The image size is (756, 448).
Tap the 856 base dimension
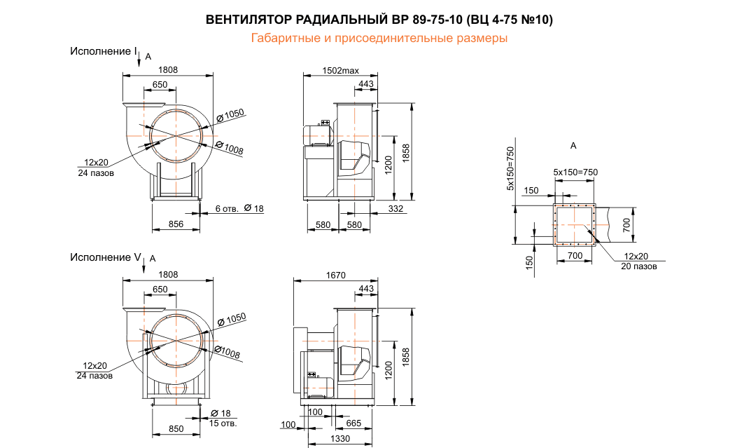point(176,224)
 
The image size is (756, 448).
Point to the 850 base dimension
point(176,428)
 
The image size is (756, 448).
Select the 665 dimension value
point(353,423)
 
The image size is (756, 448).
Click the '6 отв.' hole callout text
point(227,209)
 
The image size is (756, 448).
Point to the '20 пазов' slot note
point(638,266)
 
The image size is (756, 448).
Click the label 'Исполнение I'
point(102,51)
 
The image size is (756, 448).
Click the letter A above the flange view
point(573,146)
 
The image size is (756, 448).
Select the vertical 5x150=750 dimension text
point(510,168)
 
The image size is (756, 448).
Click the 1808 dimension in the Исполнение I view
point(168,69)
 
